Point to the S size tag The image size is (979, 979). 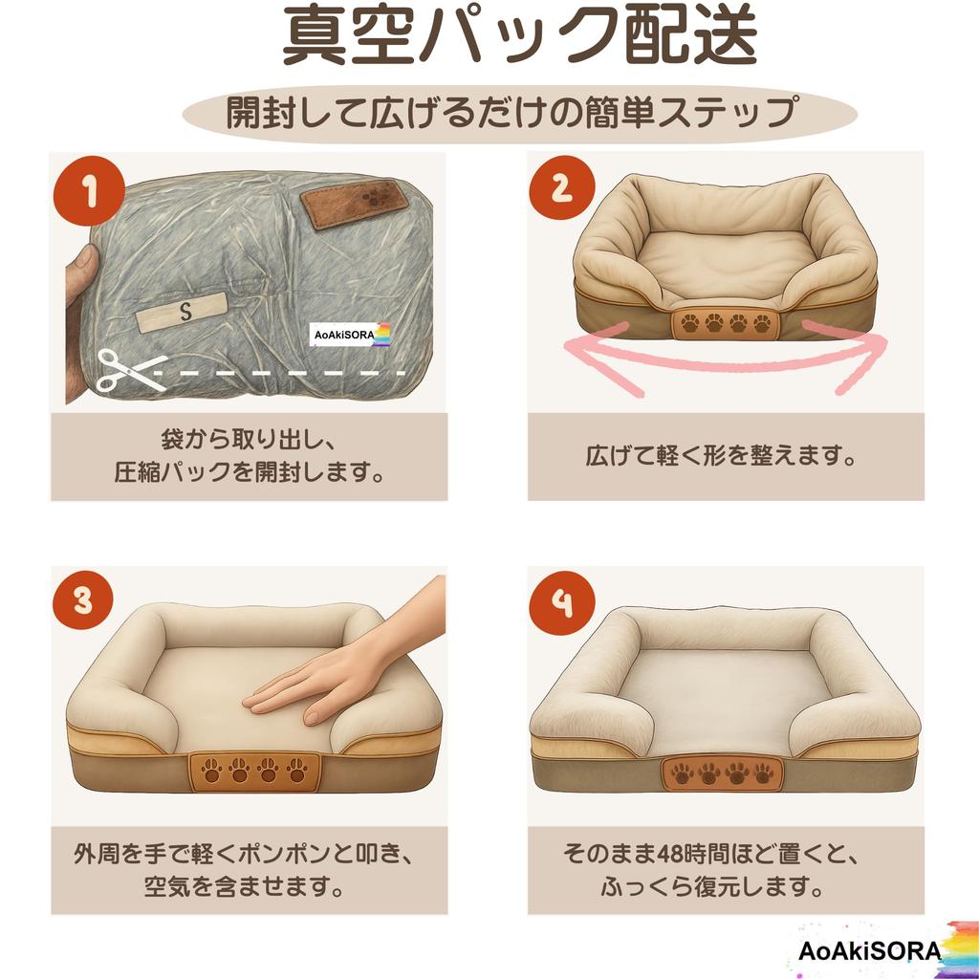pos(184,310)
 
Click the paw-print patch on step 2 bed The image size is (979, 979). pos(726,323)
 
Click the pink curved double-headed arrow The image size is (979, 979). pos(726,362)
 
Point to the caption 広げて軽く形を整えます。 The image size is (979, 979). pos(721,456)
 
